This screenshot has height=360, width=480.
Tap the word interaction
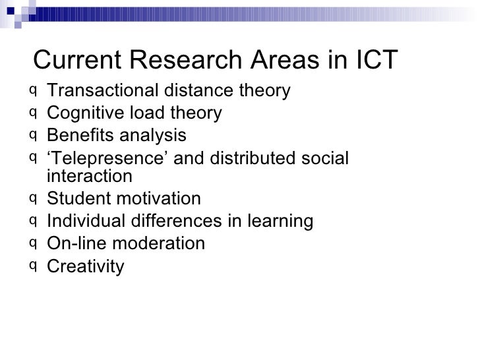(90, 176)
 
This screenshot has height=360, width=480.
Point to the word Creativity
(85, 266)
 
